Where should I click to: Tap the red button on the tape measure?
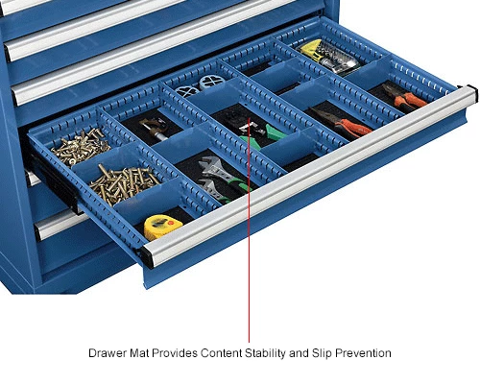tap(171, 222)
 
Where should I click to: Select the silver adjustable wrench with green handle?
tap(221, 179)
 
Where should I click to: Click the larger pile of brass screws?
tap(123, 183)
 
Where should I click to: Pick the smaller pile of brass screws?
tap(81, 146)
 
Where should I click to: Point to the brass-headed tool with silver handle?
tap(155, 129)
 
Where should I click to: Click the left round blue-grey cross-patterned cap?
tap(187, 92)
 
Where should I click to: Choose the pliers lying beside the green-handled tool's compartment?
tap(343, 123)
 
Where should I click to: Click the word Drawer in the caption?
tap(108, 353)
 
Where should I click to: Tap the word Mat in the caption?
tap(139, 353)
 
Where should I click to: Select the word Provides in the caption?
tap(175, 353)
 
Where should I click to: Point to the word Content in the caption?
tap(222, 353)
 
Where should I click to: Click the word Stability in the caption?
tap(266, 353)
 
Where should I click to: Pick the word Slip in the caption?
tap(322, 353)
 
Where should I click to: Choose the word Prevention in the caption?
tap(363, 353)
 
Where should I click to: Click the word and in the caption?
tap(300, 353)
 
